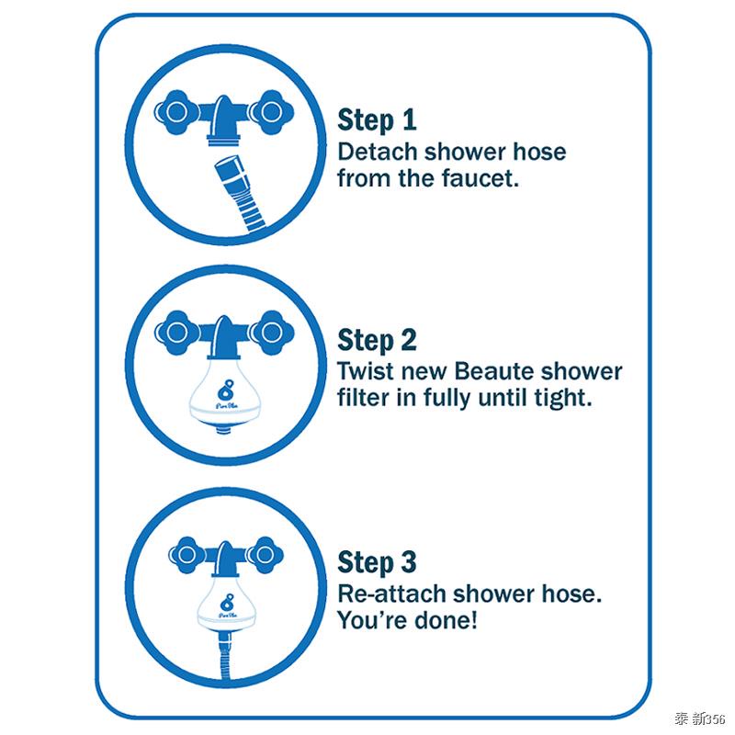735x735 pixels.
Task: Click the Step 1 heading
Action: [x=377, y=120]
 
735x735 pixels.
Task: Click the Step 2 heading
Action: [x=377, y=341]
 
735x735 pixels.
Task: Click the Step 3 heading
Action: [x=377, y=561]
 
